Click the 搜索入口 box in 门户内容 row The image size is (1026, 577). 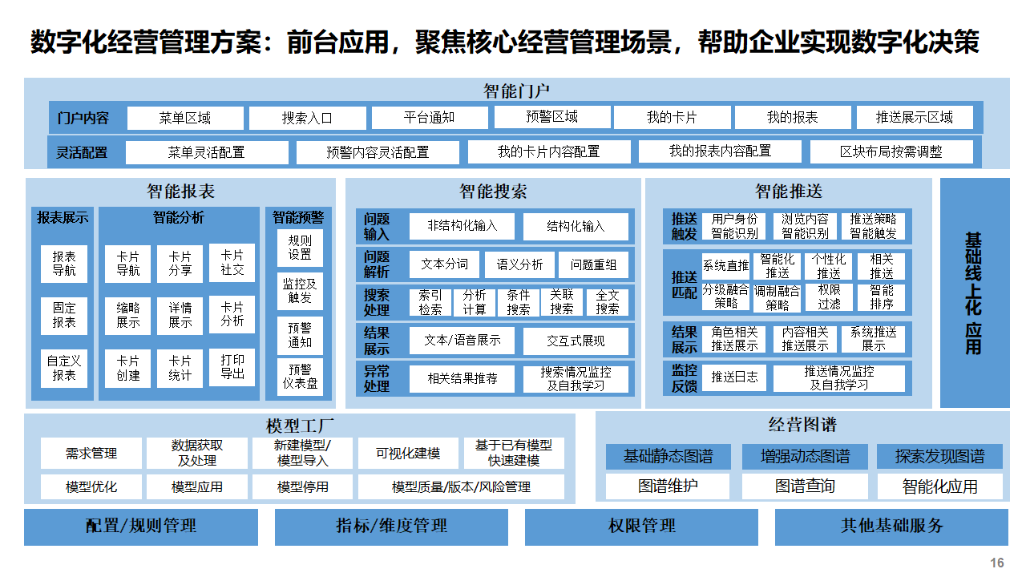tap(307, 118)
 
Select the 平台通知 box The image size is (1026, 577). tap(429, 118)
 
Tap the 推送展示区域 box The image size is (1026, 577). tap(915, 118)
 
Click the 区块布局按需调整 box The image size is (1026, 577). tap(891, 151)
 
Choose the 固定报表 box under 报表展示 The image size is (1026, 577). tap(64, 315)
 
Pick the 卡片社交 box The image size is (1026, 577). tap(232, 264)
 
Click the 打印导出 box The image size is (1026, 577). tap(232, 366)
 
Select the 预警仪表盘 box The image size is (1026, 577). tap(300, 377)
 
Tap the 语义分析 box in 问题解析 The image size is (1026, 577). tap(519, 264)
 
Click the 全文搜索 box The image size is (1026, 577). tap(608, 302)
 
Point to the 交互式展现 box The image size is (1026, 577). tap(576, 341)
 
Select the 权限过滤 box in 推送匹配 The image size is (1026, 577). tap(830, 297)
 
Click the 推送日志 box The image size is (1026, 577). tap(734, 377)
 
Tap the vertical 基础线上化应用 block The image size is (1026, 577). tap(974, 293)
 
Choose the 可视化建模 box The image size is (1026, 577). tap(408, 454)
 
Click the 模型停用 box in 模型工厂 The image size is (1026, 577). tap(303, 486)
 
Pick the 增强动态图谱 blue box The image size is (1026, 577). tap(805, 457)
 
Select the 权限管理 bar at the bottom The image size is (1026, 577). tap(641, 527)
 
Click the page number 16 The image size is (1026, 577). tap(997, 563)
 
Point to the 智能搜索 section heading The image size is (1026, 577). tap(493, 192)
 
